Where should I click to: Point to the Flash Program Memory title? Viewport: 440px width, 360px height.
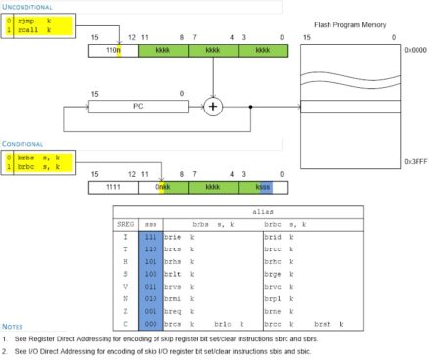[x=350, y=24]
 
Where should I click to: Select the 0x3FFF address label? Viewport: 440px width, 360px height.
[x=414, y=159]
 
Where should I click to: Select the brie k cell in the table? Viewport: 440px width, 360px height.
[x=177, y=237]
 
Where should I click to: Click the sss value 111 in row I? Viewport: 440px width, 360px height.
[x=149, y=237]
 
